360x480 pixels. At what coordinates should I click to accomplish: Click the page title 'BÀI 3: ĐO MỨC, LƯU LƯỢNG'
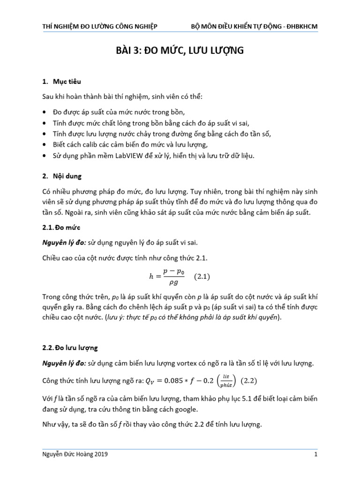coord(180,51)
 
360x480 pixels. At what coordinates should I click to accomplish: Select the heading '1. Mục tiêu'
coord(61,82)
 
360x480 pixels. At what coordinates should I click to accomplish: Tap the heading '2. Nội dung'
coord(62,177)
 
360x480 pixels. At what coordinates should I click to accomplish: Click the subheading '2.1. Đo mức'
coord(61,227)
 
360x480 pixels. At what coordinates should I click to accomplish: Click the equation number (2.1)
coord(202,277)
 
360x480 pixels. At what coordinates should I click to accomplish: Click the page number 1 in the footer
coord(316,454)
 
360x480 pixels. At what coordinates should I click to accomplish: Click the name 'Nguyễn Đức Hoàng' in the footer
coord(69,454)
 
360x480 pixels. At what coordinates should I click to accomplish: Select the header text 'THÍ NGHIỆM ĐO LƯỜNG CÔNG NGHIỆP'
coord(100,26)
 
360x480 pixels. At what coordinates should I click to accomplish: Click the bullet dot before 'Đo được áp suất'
coord(45,112)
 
